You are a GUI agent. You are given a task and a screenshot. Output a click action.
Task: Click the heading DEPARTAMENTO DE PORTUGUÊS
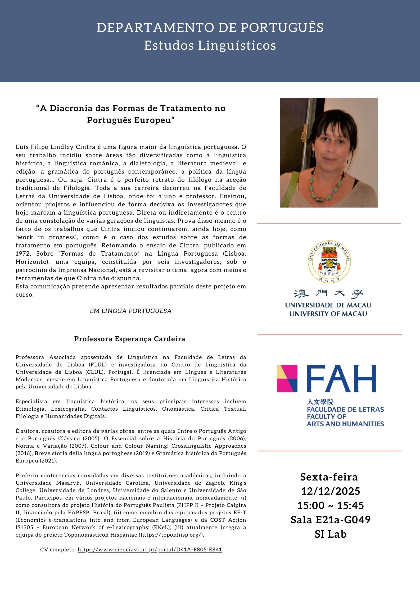[x=210, y=28]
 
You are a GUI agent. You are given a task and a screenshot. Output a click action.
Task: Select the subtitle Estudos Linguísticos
[x=210, y=46]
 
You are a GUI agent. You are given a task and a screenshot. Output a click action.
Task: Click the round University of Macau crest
[x=329, y=262]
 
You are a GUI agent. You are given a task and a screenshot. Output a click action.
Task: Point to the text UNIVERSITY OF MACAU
[x=328, y=314]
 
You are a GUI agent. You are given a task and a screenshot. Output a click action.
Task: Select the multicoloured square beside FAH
[x=287, y=379]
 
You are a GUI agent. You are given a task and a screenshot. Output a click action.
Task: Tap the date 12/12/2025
[x=331, y=491]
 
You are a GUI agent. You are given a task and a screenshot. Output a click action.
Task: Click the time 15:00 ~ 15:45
[x=331, y=505]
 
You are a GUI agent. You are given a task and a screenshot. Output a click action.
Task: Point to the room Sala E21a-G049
[x=331, y=520]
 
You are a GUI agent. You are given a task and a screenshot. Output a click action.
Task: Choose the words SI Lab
[x=331, y=534]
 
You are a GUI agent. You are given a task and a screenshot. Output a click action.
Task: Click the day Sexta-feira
[x=329, y=477]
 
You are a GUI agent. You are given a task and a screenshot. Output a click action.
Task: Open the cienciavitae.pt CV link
[x=150, y=550]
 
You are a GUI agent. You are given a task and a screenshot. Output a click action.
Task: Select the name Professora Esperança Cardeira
[x=130, y=339]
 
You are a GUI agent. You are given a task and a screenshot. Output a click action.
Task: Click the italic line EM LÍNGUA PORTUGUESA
[x=131, y=311]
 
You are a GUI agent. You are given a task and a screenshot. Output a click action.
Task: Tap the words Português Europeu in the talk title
[x=131, y=120]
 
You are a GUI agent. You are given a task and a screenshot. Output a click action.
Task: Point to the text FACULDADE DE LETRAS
[x=345, y=409]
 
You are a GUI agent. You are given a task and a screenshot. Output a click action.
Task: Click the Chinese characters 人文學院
[x=320, y=402]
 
